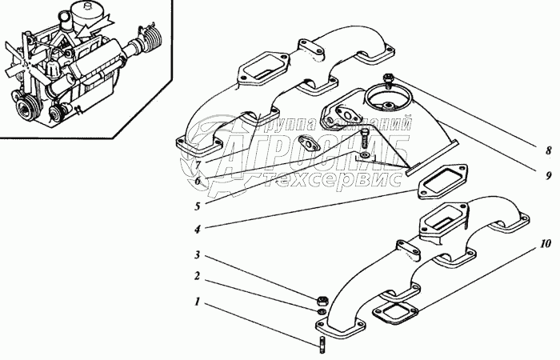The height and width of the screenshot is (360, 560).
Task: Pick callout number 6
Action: [197, 181]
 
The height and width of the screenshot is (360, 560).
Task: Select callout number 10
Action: [546, 242]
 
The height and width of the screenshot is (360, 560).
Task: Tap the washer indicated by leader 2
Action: [320, 312]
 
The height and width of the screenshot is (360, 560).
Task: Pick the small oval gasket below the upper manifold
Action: [309, 145]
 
